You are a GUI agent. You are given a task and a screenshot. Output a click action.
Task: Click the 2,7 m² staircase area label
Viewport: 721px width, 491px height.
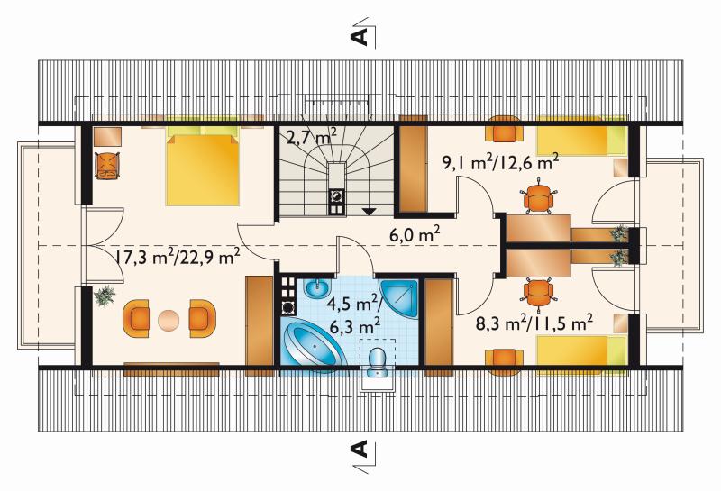(311, 137)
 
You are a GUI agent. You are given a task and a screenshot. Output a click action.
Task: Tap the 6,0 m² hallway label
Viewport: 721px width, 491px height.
(415, 234)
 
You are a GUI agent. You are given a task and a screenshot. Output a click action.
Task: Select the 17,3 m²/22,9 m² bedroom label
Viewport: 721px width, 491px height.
(177, 257)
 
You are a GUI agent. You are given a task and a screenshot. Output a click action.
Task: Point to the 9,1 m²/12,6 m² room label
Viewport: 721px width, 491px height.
(500, 162)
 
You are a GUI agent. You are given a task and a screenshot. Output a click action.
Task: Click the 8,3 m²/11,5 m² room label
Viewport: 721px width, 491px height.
(534, 324)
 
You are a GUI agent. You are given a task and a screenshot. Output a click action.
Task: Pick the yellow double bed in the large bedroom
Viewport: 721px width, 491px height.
(202, 166)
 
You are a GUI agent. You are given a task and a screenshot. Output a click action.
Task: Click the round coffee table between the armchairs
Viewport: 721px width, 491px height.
(169, 320)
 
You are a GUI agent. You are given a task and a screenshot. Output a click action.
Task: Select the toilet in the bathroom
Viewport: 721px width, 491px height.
(378, 362)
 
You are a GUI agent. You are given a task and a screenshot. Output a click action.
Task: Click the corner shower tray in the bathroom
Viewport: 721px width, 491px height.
(399, 297)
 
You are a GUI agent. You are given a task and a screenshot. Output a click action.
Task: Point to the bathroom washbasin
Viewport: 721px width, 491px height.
(317, 287)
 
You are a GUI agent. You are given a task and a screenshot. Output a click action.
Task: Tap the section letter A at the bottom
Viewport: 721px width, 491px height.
(360, 449)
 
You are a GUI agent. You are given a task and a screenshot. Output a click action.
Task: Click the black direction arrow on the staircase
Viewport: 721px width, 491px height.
(369, 212)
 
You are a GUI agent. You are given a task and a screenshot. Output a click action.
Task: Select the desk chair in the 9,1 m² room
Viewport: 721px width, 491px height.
(537, 198)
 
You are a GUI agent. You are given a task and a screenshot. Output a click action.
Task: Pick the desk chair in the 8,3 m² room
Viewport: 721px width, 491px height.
(537, 292)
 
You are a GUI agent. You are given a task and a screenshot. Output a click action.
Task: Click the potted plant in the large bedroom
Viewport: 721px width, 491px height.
(105, 296)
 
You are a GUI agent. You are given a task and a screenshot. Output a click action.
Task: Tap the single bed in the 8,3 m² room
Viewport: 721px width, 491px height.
(581, 351)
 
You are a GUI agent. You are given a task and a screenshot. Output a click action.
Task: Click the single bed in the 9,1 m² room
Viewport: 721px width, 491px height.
(581, 137)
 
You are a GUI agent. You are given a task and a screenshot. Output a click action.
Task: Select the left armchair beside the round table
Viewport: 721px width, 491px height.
(136, 319)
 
